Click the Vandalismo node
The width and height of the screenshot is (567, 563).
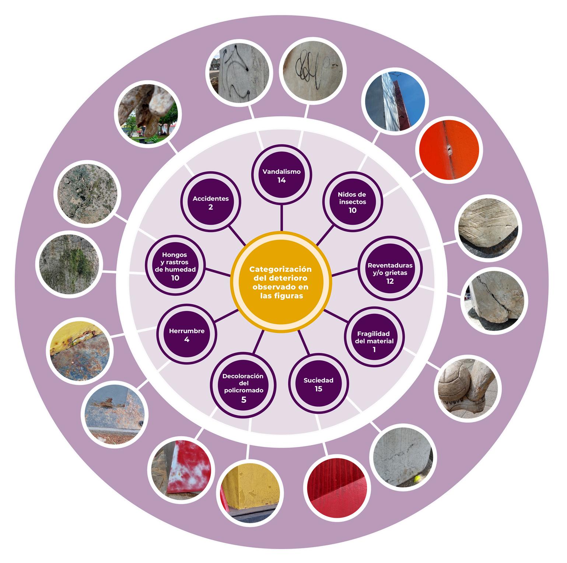282,175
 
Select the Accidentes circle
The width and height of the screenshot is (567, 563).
210,202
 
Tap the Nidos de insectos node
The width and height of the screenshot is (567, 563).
353,202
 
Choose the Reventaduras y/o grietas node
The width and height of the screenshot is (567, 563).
390,273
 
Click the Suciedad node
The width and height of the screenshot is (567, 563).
318,384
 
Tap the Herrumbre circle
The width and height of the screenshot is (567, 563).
187,334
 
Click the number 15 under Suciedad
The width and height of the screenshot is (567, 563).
319,389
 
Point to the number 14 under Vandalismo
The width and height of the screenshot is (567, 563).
282,180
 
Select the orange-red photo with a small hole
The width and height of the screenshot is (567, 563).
449,150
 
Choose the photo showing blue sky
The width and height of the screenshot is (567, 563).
393,101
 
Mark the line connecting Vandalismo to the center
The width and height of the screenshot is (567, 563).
281,220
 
